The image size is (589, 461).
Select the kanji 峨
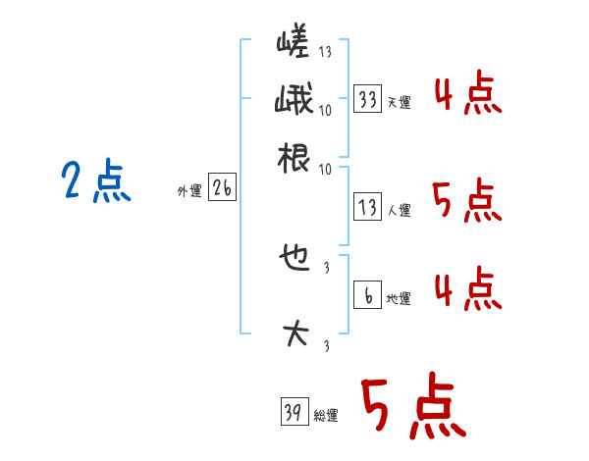[x=293, y=102]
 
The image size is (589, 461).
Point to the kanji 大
[x=294, y=333]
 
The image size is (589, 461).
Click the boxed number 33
[x=367, y=100]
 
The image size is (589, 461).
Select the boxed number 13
[x=367, y=208]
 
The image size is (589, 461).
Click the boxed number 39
[x=293, y=412]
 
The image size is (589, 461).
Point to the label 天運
[x=400, y=102]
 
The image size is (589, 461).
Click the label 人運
[x=400, y=210]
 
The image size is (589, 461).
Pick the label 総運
[x=326, y=415]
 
